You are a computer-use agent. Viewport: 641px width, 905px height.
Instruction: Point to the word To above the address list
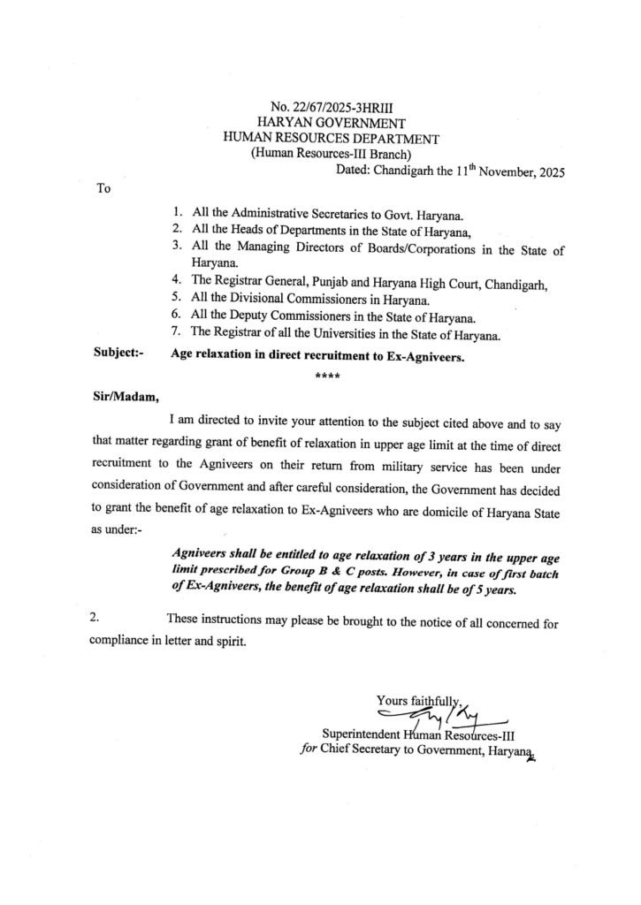tap(102, 188)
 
